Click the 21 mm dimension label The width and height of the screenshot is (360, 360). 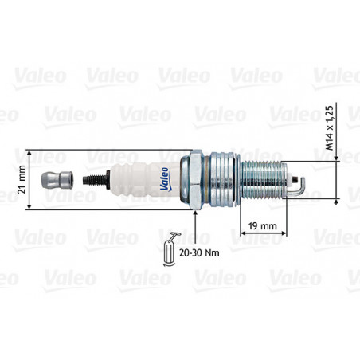coord(22,180)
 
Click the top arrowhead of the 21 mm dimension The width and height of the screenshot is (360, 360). coord(29,152)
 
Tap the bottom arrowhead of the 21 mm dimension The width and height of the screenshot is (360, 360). coord(29,207)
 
